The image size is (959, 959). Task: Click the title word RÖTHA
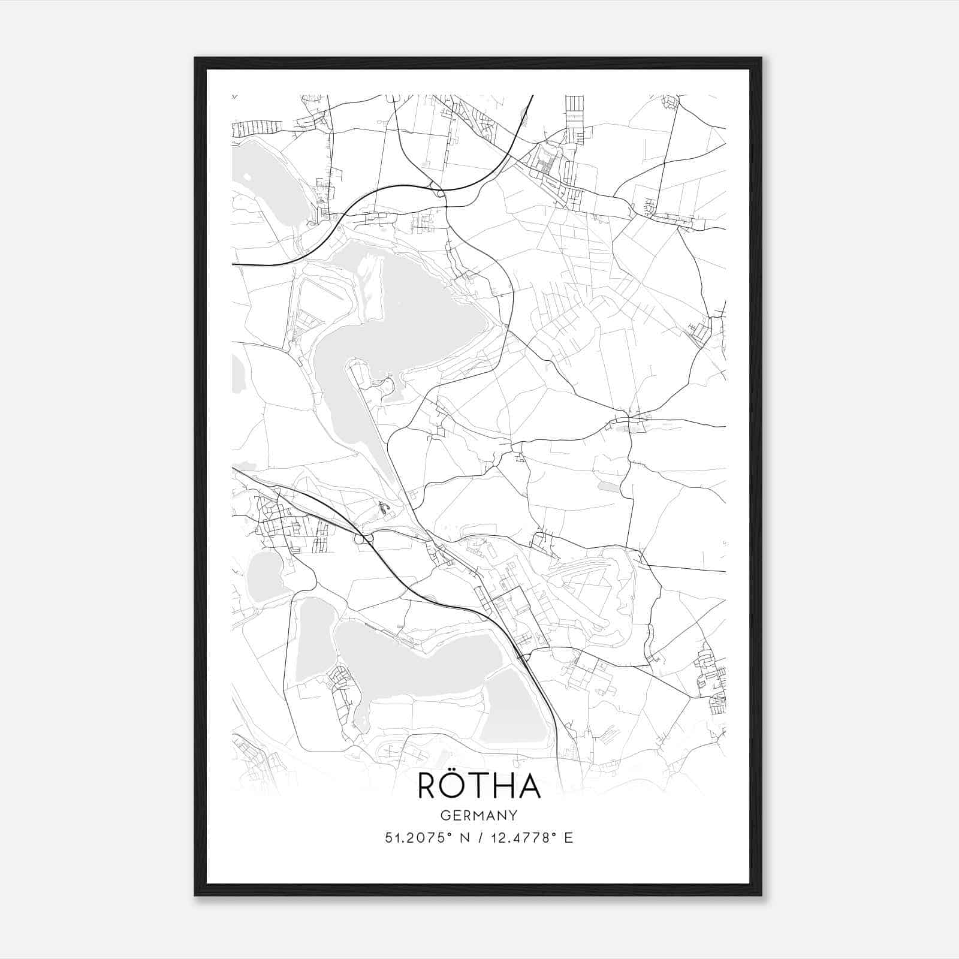[479, 786]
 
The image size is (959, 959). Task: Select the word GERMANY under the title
[479, 815]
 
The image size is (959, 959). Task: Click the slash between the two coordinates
[479, 837]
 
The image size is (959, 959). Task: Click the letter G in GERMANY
[445, 815]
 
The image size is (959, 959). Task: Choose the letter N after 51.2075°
[465, 837]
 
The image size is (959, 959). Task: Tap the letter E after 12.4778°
[569, 837]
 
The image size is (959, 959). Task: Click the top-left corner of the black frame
[195, 58]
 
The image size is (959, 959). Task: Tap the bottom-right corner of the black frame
[761, 894]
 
